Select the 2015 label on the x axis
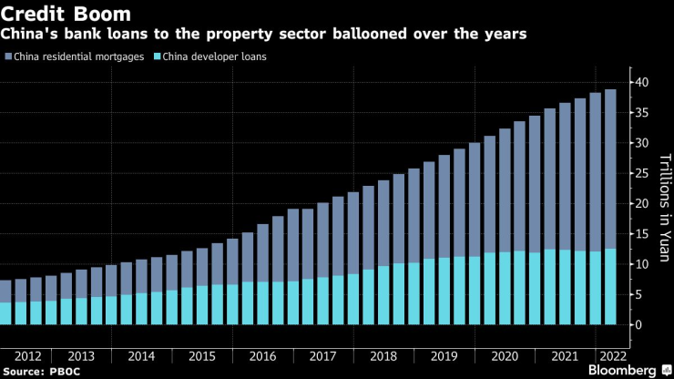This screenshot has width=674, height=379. coord(201,354)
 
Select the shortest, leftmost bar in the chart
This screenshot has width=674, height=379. coord(5,302)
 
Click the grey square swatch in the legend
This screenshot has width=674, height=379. coord(7,56)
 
